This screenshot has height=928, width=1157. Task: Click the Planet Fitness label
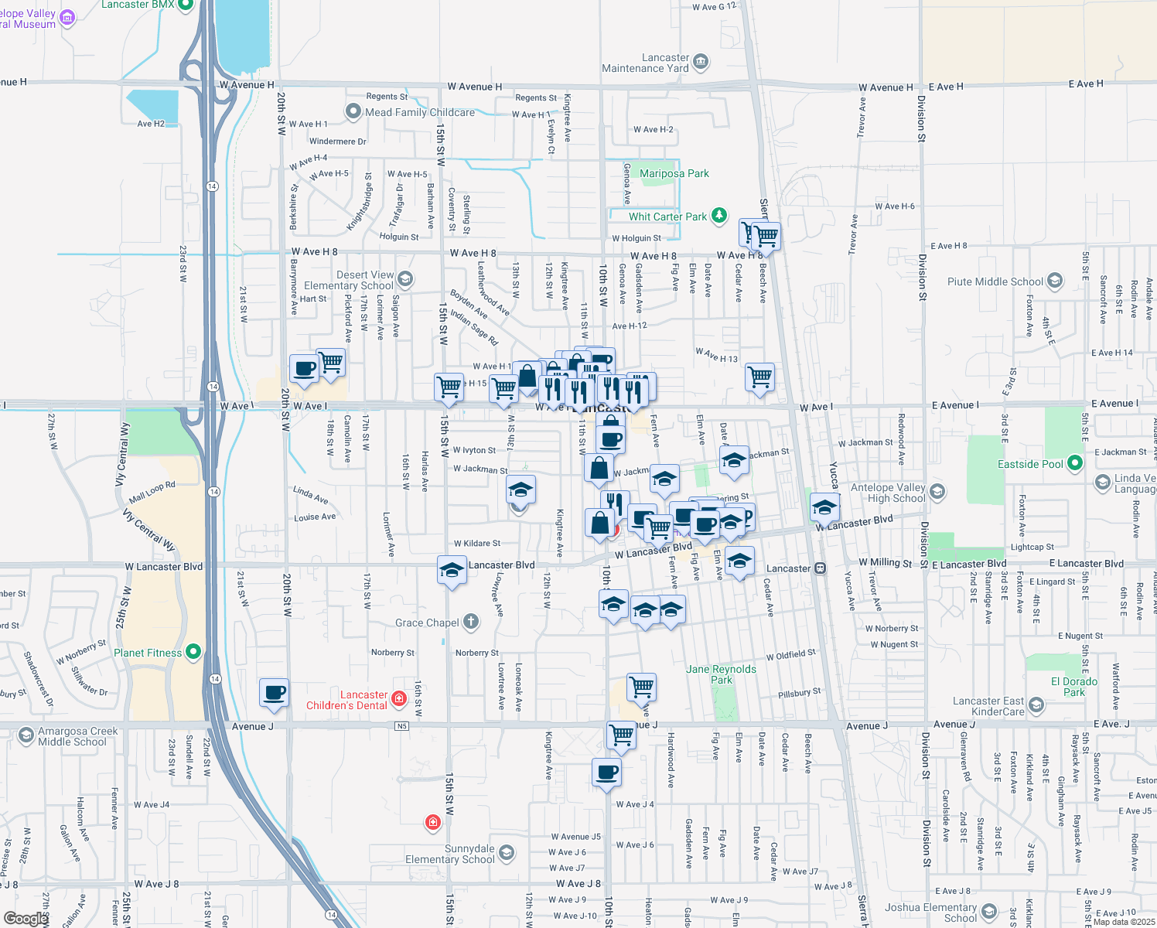(148, 653)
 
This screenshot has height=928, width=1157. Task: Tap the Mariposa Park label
(674, 174)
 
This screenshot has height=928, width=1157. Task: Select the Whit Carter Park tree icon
(719, 215)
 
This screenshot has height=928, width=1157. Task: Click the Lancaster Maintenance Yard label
(645, 63)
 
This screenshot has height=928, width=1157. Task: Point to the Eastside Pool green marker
(1074, 463)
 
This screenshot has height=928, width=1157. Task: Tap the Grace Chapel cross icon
(471, 622)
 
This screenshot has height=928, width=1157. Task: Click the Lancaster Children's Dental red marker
(399, 699)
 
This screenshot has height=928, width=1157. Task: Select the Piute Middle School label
(995, 282)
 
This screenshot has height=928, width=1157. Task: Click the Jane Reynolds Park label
(721, 674)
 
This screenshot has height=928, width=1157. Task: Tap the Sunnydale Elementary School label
(449, 854)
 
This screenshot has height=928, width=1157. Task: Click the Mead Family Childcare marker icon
(353, 112)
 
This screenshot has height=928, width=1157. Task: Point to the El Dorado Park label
(1074, 687)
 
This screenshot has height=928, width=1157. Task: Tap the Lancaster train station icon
(821, 568)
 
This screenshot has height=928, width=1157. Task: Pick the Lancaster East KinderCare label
(988, 706)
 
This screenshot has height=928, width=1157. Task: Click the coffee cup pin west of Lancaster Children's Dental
(274, 693)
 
